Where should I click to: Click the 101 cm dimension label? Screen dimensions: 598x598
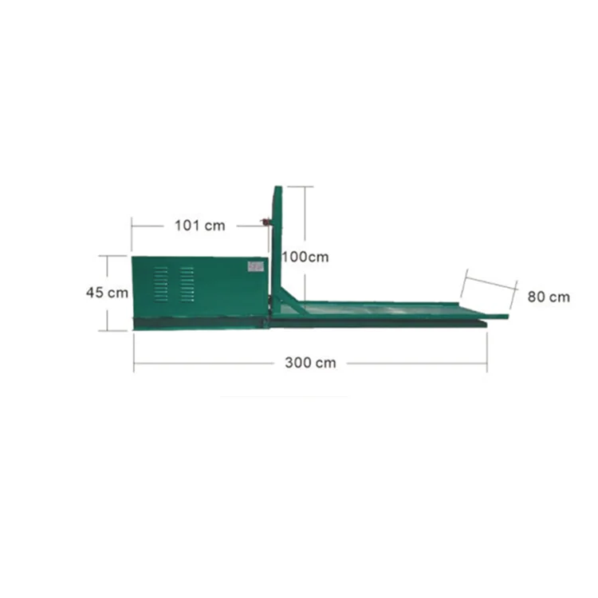200,226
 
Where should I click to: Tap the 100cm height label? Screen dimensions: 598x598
305,257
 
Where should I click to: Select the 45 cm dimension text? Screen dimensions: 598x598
107,293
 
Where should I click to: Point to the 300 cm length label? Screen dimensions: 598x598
310,363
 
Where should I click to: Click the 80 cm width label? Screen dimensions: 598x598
549,297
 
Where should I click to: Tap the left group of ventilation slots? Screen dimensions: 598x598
161,284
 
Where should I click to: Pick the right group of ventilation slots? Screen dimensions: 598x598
187,284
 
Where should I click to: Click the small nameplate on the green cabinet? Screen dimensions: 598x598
256,266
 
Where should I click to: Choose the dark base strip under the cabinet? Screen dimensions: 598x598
199,323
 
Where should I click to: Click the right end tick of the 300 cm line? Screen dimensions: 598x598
487,363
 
